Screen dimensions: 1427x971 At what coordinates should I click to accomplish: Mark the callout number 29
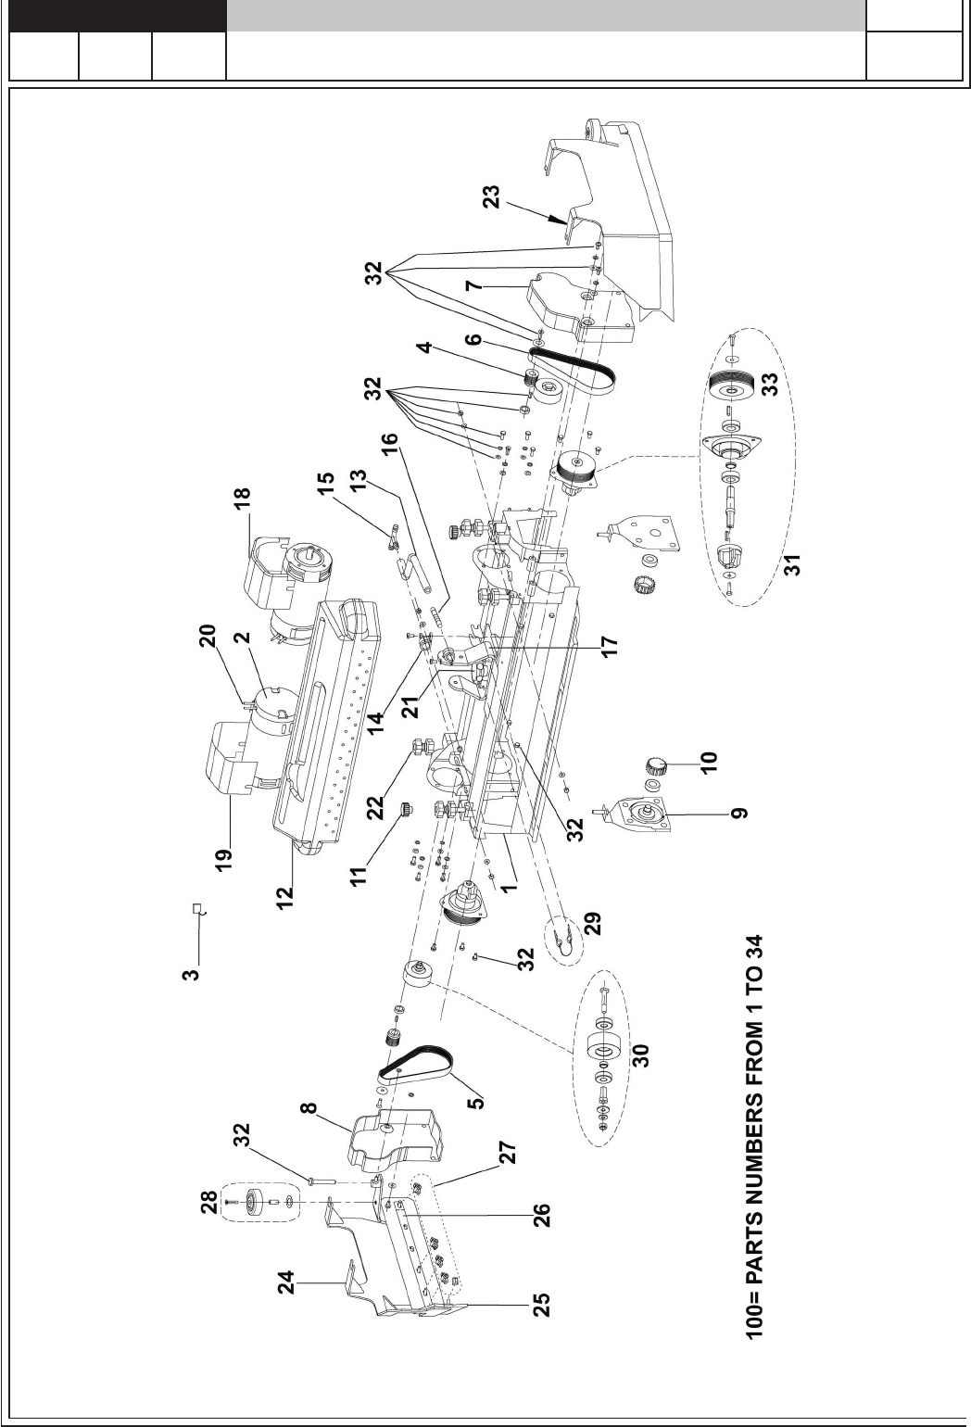click(x=592, y=923)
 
